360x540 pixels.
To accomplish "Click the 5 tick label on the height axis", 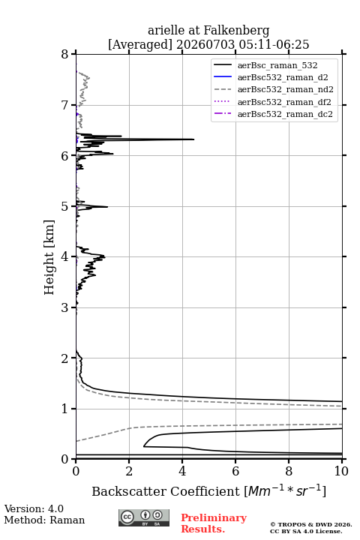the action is click(64, 207).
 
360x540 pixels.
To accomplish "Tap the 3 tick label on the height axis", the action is click(64, 307).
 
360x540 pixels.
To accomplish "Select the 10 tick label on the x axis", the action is click(341, 471).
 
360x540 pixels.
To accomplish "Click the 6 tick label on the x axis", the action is click(235, 471).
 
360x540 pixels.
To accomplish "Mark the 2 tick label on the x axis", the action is click(129, 471).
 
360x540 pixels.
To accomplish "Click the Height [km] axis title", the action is click(49, 257).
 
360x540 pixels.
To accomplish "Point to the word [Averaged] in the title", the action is click(140, 45).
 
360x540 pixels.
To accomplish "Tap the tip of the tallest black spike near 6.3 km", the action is click(194, 139).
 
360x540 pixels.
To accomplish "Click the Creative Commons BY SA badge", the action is click(144, 517).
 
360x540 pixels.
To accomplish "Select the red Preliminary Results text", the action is click(214, 523).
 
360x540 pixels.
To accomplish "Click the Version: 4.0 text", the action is click(34, 508).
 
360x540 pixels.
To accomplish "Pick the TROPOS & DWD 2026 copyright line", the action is click(311, 525).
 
